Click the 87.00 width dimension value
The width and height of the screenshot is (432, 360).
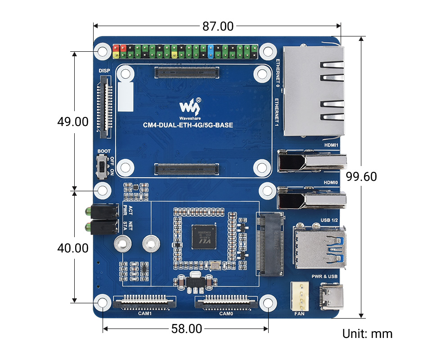click(218, 27)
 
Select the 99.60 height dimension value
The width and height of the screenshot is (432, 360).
click(361, 176)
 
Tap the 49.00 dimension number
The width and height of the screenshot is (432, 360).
click(72, 121)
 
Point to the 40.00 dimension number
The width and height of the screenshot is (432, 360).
click(72, 247)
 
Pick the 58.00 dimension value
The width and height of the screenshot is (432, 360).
click(186, 329)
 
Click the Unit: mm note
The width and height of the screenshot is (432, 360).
click(367, 334)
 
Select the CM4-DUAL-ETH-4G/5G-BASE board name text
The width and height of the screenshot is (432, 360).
click(188, 125)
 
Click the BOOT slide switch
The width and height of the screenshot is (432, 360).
click(103, 167)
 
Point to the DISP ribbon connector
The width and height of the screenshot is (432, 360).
click(105, 106)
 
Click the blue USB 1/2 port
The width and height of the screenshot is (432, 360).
click(319, 247)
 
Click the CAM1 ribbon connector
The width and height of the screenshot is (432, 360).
click(145, 302)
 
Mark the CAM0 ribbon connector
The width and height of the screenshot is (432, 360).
click(226, 302)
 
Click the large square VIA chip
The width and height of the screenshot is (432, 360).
click(204, 237)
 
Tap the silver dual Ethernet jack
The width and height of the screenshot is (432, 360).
click(314, 91)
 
